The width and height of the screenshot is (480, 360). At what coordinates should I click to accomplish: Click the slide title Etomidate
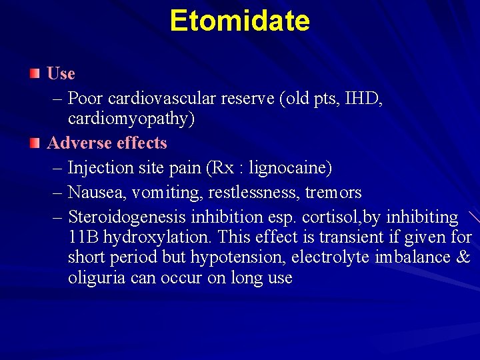(239, 21)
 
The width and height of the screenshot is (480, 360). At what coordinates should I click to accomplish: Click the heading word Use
(61, 73)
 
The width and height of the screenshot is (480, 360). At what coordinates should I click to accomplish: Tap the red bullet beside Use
(35, 72)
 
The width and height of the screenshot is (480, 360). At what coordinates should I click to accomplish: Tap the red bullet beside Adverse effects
(35, 141)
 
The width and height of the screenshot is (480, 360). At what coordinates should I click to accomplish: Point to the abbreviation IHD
(362, 99)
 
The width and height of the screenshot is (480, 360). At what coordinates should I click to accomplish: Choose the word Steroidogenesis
(127, 217)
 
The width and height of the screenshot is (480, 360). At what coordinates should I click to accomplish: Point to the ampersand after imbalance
(463, 257)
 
